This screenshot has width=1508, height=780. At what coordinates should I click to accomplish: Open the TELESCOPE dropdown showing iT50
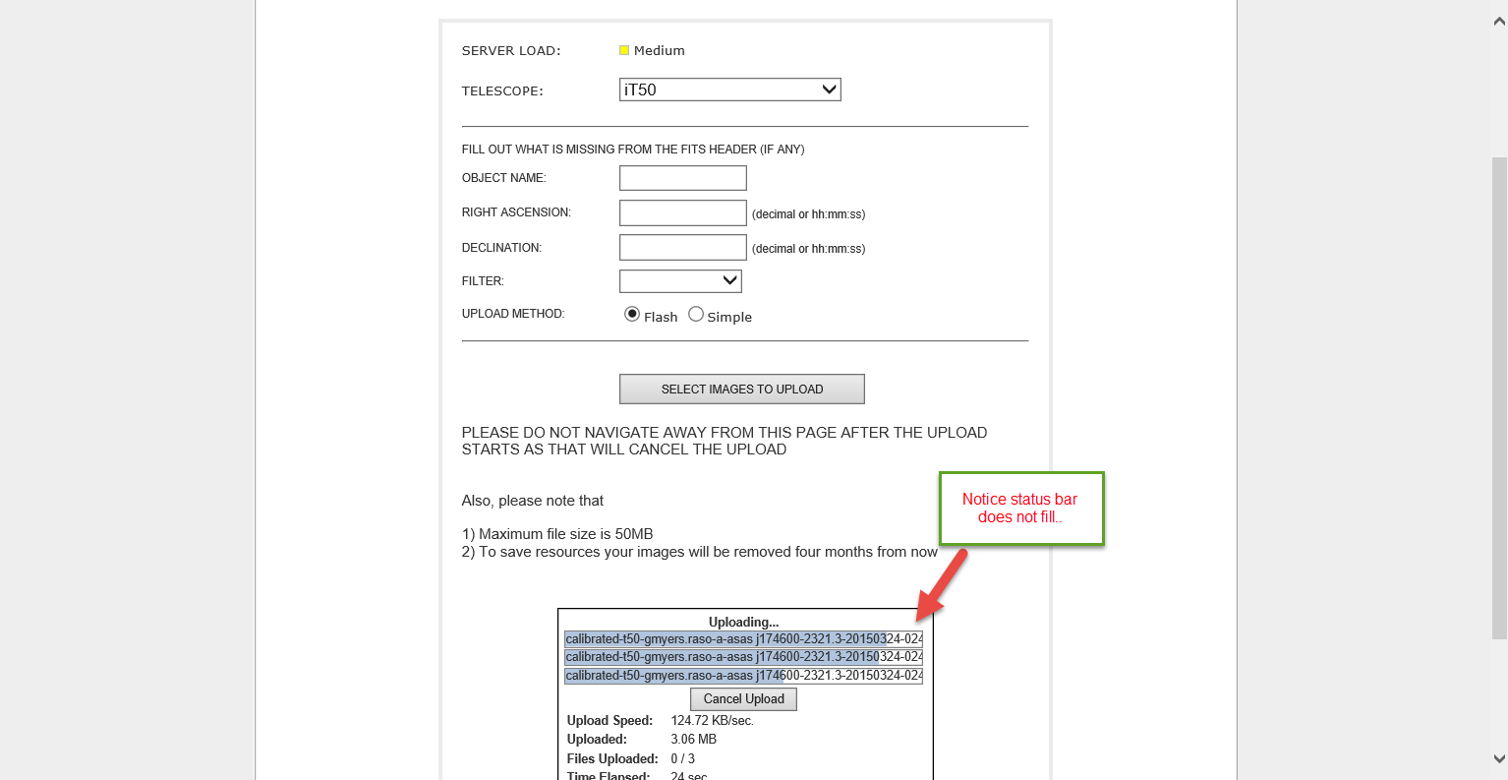729,90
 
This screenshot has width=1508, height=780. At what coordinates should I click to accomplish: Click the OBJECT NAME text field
683,178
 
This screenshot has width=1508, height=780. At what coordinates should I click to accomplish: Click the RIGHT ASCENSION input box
683,212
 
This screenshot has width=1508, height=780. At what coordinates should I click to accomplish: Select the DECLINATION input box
683,247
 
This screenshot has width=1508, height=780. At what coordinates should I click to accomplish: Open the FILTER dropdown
680,281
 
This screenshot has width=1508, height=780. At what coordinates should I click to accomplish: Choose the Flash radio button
632,314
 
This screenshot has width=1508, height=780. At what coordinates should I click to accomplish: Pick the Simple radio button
696,314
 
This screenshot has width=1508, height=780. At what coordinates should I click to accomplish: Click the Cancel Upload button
743,699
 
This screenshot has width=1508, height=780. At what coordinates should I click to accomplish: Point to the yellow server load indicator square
624,50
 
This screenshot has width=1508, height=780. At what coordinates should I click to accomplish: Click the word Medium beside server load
660,50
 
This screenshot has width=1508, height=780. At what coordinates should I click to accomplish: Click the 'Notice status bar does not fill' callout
1020,508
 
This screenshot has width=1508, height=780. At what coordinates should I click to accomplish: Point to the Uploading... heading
743,622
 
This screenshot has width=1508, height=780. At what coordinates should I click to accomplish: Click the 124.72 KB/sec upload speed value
712,721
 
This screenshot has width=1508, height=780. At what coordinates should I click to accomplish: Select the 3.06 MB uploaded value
693,740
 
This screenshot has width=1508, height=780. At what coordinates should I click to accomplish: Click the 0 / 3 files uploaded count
682,758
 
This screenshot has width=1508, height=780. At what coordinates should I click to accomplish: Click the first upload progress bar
743,639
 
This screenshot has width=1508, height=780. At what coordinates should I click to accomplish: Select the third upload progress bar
743,676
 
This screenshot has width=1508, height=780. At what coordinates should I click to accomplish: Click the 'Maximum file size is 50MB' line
557,534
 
